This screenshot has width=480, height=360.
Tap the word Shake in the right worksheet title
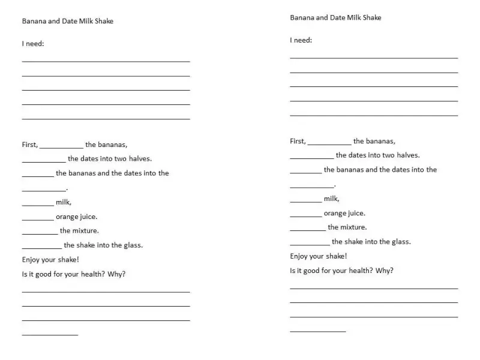pyautogui.click(x=372, y=17)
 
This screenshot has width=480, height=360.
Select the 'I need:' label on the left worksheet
pyautogui.click(x=33, y=44)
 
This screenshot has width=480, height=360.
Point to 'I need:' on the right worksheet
pyautogui.click(x=301, y=40)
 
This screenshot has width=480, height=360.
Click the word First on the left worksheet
pyautogui.click(x=29, y=145)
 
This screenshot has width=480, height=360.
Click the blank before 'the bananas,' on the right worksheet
pyautogui.click(x=329, y=143)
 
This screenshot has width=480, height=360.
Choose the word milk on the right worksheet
pyautogui.click(x=331, y=199)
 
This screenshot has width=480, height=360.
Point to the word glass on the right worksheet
pyautogui.click(x=400, y=242)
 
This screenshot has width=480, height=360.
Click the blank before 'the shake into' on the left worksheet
pyautogui.click(x=41, y=247)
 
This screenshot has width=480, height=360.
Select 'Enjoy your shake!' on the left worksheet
pyautogui.click(x=50, y=260)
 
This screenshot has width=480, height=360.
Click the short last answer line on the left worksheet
pyautogui.click(x=50, y=334)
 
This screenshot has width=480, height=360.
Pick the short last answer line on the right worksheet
pyautogui.click(x=318, y=331)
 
